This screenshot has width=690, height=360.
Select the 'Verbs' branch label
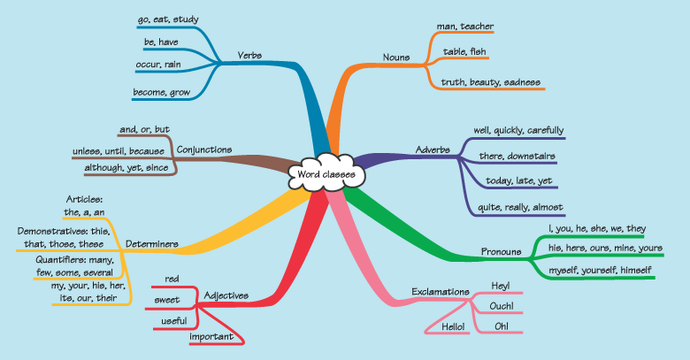coord(249,56)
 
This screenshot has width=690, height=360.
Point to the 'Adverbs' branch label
coord(430,150)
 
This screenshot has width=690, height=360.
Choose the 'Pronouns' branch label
coord(501,251)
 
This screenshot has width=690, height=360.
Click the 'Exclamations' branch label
coord(441,291)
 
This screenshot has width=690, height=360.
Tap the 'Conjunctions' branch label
coord(204,149)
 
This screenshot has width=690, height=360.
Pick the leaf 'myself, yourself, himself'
coord(600,269)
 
